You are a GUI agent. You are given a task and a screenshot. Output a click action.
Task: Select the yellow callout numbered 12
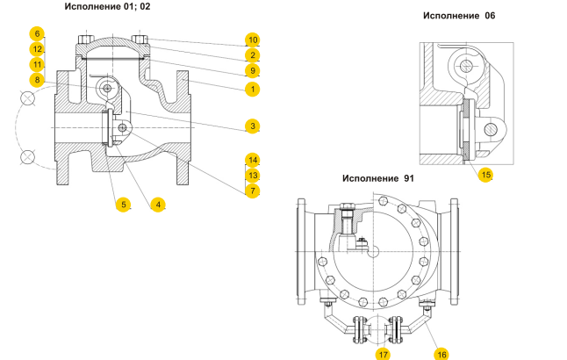point(37,49)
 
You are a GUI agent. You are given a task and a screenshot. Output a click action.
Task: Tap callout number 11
point(37,64)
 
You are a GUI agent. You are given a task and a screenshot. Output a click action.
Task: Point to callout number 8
point(37,80)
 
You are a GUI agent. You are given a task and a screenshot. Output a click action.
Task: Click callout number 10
point(252,40)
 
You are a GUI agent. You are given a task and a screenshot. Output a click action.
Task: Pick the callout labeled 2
point(252,55)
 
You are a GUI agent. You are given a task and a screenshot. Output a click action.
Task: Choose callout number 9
point(252,70)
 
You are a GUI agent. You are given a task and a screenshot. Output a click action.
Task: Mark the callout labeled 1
point(252,89)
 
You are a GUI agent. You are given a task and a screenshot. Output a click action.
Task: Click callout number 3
point(252,126)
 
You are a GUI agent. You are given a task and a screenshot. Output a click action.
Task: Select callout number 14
point(252,160)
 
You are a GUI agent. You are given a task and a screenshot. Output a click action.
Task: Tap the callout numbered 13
point(252,175)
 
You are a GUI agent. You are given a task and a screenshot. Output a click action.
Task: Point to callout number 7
point(252,190)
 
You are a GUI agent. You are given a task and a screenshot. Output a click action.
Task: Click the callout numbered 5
point(124,205)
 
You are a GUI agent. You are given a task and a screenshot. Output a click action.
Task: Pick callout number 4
point(158,205)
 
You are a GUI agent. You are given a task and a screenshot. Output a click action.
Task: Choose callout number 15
point(485,174)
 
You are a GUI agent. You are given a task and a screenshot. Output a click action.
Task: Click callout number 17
point(384,353)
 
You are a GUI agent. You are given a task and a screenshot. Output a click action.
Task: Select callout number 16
point(441,353)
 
